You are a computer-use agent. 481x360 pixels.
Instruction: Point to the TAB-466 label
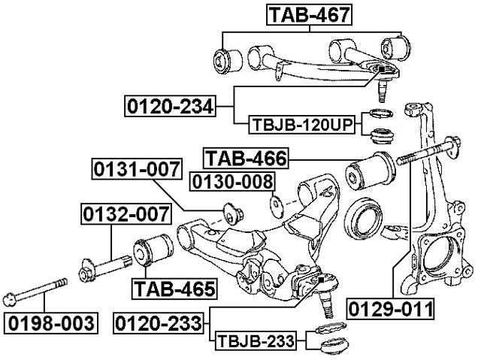pyautogui.click(x=246, y=158)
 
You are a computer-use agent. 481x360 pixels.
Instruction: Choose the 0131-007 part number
pyautogui.click(x=137, y=170)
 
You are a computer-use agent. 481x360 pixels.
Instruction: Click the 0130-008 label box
pyautogui.click(x=231, y=181)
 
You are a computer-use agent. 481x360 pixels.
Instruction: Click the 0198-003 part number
pyautogui.click(x=51, y=324)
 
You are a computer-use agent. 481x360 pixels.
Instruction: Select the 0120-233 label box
pyautogui.click(x=159, y=324)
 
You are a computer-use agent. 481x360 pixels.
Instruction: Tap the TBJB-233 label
pyautogui.click(x=257, y=343)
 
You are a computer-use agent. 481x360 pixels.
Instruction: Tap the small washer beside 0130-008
pyautogui.click(x=275, y=203)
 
